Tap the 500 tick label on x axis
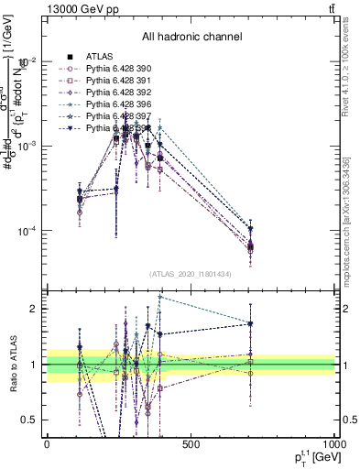(x=191, y=444)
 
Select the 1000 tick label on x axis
(x=333, y=444)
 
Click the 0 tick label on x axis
(x=47, y=444)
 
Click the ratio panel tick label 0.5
(x=32, y=420)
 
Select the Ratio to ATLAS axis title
(x=12, y=364)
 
